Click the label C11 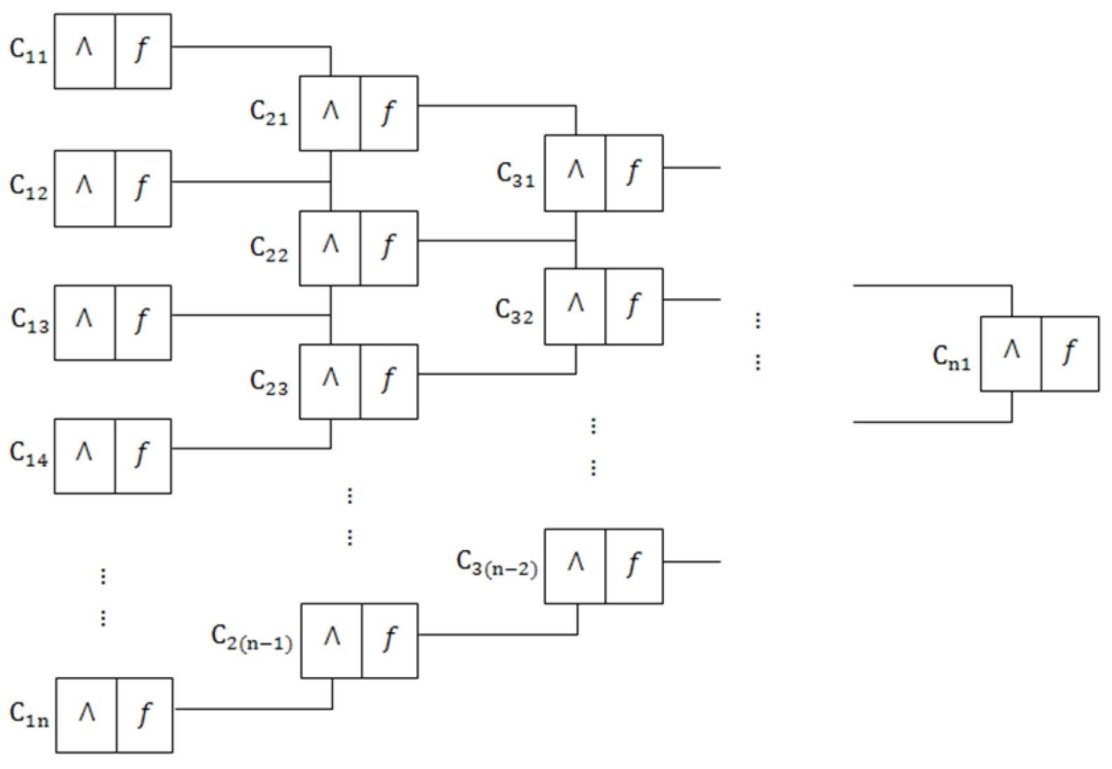(29, 51)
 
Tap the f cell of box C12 (142, 187)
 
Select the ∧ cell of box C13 (84, 322)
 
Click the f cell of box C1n (144, 715)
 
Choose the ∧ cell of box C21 (330, 113)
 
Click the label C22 (269, 248)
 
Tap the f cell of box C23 (388, 381)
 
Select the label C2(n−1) (252, 638)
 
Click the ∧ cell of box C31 (575, 173)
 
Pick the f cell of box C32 (633, 306)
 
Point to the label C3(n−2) (497, 563)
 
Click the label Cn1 (951, 357)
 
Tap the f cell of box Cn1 (1069, 353)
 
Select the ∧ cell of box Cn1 (1010, 353)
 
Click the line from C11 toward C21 (252, 47)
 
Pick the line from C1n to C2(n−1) (252, 709)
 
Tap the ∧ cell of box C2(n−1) (331, 640)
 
